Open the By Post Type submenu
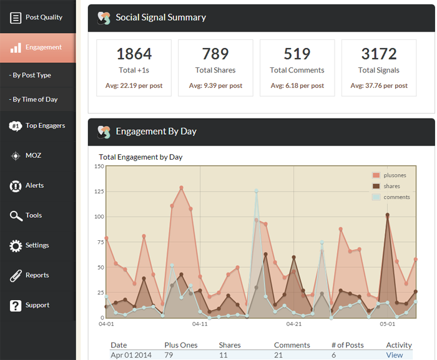pyautogui.click(x=31, y=75)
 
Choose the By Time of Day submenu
pyautogui.click(x=34, y=100)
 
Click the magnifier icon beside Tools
pyautogui.click(x=16, y=216)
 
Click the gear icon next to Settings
pyautogui.click(x=16, y=246)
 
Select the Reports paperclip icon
pyautogui.click(x=16, y=276)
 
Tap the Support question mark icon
pyautogui.click(x=16, y=306)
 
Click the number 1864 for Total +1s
pyautogui.click(x=134, y=54)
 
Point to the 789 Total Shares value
pyautogui.click(x=215, y=54)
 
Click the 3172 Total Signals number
pyautogui.click(x=379, y=54)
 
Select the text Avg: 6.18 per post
pyautogui.click(x=297, y=85)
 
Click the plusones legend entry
pyautogui.click(x=395, y=175)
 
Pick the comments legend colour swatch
pyautogui.click(x=376, y=197)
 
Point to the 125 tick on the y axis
pyautogui.click(x=99, y=192)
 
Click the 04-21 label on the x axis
pyautogui.click(x=293, y=324)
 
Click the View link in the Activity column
pyautogui.click(x=395, y=355)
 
